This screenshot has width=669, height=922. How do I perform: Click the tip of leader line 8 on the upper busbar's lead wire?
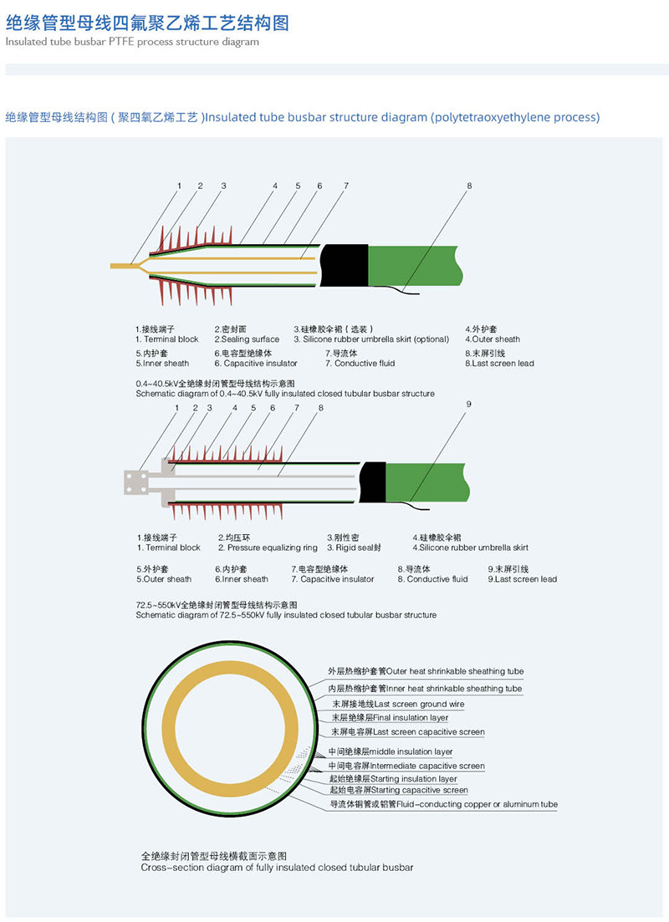(402, 288)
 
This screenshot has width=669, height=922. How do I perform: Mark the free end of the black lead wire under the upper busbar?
(418, 294)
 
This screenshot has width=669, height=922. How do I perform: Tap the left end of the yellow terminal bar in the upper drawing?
(111, 267)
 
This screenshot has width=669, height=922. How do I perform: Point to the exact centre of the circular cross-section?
(229, 729)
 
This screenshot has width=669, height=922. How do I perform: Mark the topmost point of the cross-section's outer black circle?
(229, 641)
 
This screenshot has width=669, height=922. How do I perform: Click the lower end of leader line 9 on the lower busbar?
(411, 501)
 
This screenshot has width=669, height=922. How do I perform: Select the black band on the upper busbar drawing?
(344, 266)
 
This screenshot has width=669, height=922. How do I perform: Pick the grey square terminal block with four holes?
(136, 482)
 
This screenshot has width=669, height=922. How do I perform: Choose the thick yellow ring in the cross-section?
(229, 729)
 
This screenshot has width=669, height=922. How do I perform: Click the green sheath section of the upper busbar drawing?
(413, 266)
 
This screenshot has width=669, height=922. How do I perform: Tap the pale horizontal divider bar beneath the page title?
(336, 69)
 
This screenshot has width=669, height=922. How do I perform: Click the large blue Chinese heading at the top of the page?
(147, 23)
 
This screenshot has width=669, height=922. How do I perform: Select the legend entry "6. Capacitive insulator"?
(256, 359)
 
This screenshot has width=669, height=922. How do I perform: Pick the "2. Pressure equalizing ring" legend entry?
(268, 543)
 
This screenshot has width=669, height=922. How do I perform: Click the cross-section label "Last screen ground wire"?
(398, 704)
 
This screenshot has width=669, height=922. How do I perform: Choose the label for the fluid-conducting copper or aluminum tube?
(444, 804)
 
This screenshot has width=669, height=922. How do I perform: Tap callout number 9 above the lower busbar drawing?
(469, 404)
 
